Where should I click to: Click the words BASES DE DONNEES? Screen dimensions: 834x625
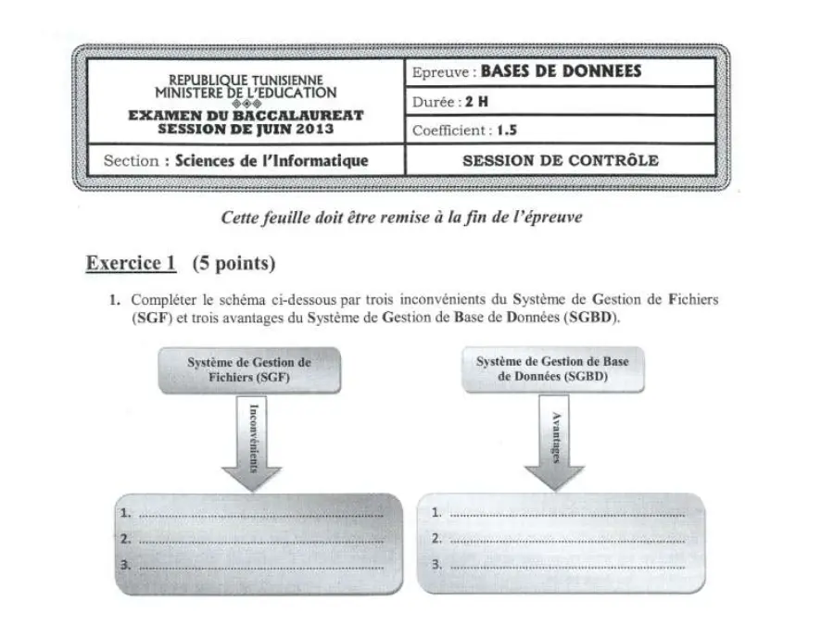coord(561,71)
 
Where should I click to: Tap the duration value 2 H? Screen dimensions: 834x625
coord(476,102)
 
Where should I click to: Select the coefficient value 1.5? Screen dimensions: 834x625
coord(506,131)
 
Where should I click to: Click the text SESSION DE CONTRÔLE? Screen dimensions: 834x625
coord(561,160)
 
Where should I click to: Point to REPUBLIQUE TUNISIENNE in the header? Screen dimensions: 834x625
coord(246,81)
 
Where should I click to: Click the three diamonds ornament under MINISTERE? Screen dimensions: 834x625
coord(246,104)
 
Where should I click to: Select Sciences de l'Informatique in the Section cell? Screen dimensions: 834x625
coord(272,160)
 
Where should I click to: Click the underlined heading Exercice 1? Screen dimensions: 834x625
coord(131,263)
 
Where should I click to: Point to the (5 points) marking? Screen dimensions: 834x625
coord(234,263)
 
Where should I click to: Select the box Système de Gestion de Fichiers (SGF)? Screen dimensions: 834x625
coord(249,370)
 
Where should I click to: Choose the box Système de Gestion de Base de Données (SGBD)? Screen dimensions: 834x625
coord(552,369)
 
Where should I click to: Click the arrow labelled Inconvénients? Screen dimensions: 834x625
coord(251,444)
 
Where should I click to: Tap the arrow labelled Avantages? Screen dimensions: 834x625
coord(555,443)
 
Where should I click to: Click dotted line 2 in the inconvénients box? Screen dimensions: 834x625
coord(261,542)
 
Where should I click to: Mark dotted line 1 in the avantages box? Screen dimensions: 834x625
coord(567,516)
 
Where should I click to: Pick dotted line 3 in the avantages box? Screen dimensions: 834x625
coord(567,568)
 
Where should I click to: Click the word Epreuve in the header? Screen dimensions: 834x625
coord(440,73)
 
